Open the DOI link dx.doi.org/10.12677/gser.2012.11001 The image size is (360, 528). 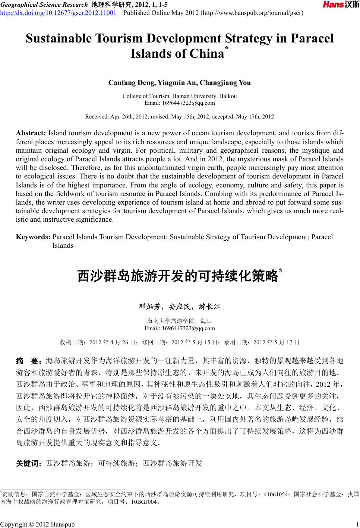pyautogui.click(x=58, y=13)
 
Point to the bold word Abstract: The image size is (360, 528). pyautogui.click(x=31, y=133)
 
